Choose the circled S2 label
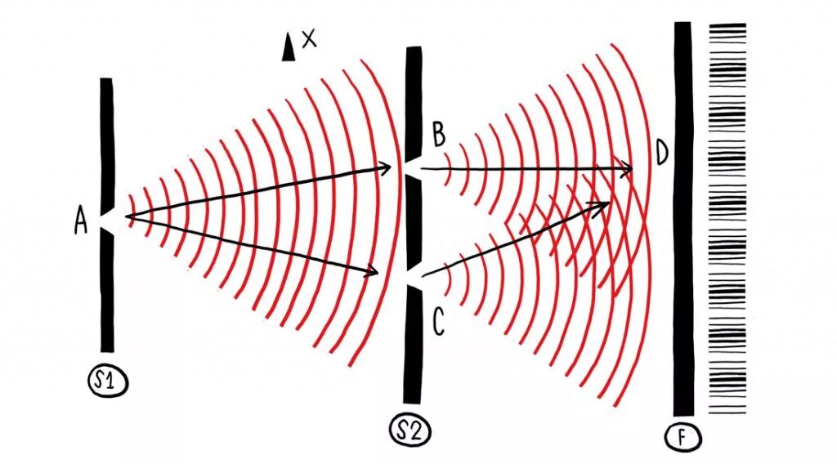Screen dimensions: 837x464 tap(410, 431)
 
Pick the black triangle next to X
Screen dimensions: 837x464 tap(288, 48)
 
